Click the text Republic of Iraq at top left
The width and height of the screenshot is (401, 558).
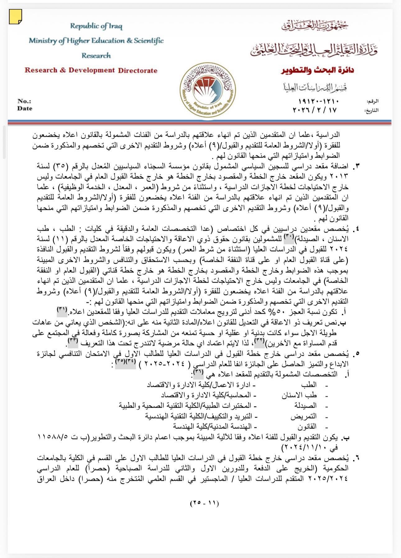[96, 26]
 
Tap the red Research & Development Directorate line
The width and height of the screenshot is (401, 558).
[91, 70]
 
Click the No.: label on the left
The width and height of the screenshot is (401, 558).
[24, 101]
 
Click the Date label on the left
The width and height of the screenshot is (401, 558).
[25, 108]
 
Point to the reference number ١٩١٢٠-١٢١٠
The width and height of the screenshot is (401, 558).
[318, 101]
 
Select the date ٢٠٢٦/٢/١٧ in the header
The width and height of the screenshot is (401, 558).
[315, 110]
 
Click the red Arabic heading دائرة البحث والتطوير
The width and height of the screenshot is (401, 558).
[317, 71]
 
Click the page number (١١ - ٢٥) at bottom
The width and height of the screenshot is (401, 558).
[204, 503]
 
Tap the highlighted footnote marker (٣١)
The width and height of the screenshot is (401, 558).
[62, 309]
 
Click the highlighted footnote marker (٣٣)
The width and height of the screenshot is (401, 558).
[73, 341]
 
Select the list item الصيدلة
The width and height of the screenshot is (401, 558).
[306, 406]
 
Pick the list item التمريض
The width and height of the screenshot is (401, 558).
[303, 416]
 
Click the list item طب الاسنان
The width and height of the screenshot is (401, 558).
[299, 395]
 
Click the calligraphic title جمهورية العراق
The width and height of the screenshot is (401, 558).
[315, 26]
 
